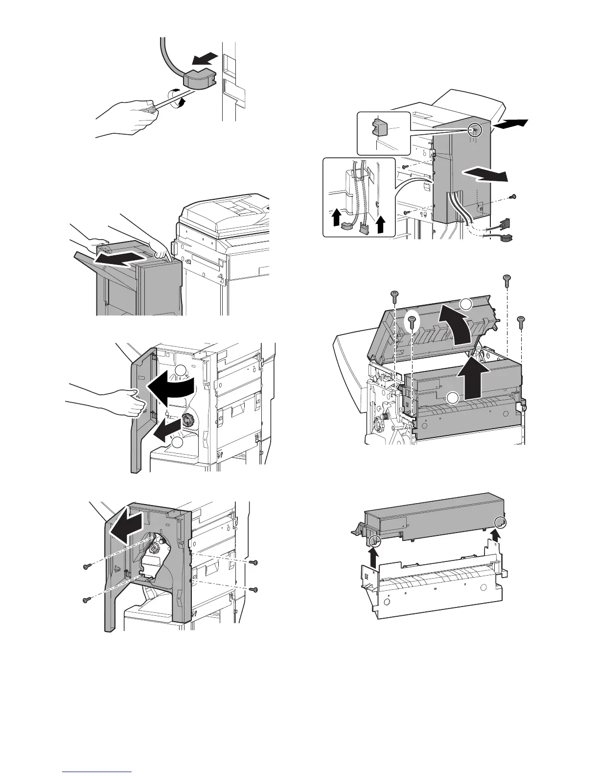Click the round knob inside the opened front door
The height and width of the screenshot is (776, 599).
pos(188,420)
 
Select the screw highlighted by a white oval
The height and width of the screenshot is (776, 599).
pos(412,321)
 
